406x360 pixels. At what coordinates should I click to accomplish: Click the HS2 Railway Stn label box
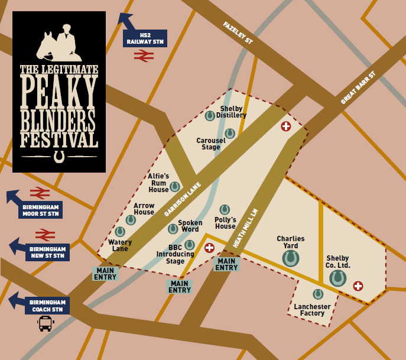[x=145, y=38]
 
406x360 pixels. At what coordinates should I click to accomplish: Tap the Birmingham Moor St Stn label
[x=40, y=210]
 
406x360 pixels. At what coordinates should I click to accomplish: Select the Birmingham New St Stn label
[x=47, y=252]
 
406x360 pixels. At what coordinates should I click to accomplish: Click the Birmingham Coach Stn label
[x=47, y=305]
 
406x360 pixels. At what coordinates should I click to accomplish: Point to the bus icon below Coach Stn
[x=46, y=323]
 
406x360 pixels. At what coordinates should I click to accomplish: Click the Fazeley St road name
[x=238, y=33]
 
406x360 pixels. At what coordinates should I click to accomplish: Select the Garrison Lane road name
[x=183, y=199]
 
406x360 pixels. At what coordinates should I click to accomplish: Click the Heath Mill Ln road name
[x=246, y=228]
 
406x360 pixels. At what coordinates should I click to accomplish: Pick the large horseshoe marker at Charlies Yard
[x=290, y=258]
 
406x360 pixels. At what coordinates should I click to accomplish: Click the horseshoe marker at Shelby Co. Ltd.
[x=337, y=278]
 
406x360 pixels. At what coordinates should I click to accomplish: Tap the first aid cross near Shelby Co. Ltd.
[x=358, y=286]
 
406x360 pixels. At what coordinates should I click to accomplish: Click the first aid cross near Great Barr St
[x=286, y=126]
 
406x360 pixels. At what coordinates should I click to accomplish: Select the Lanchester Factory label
[x=313, y=310]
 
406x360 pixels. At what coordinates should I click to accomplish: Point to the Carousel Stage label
[x=211, y=144]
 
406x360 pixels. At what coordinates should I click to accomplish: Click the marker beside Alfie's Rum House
[x=175, y=187]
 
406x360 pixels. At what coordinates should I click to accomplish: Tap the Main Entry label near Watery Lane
[x=105, y=274]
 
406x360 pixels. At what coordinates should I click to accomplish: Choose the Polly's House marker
[x=225, y=209]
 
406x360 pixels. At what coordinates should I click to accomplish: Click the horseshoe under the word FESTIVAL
[x=59, y=156]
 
